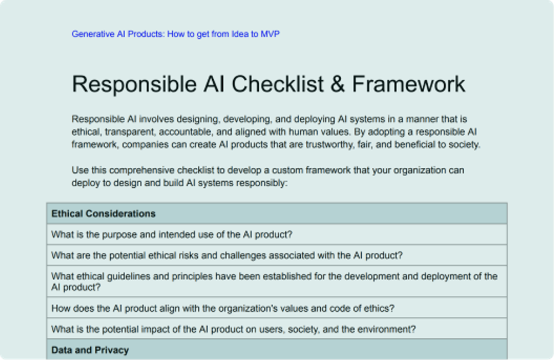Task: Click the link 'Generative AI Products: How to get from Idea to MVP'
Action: coord(176,34)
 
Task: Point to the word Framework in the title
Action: coord(409,84)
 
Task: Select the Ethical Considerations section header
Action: coord(104,213)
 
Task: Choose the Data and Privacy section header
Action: coord(90,350)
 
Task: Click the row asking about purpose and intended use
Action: coord(172,234)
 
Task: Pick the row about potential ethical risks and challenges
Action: coord(227,255)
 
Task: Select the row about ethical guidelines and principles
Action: coord(274,281)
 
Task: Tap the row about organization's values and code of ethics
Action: coord(223,308)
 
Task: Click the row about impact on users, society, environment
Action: coord(233,329)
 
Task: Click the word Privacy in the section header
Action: coord(110,350)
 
